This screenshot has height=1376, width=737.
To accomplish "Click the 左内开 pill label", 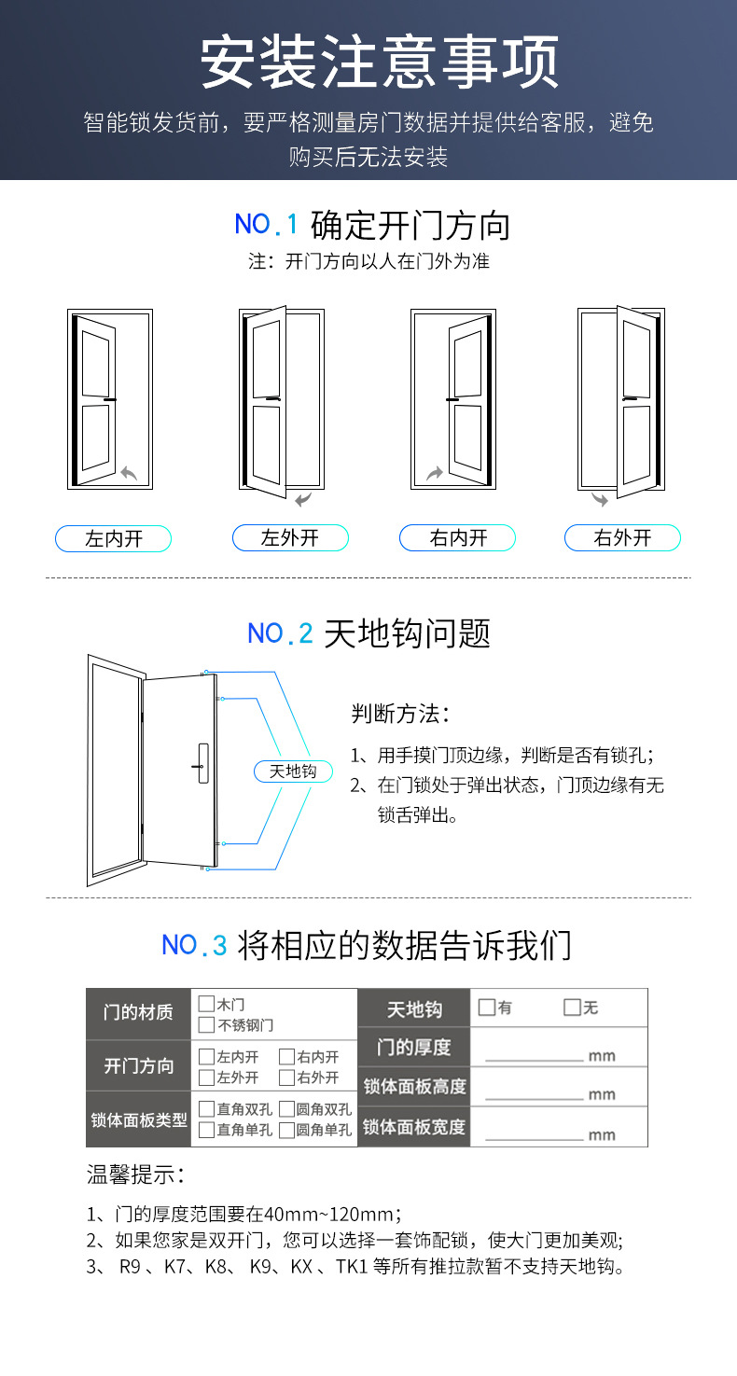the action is (114, 538).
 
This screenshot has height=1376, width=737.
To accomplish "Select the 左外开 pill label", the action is (290, 538).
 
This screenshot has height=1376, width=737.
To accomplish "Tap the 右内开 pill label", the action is (458, 538).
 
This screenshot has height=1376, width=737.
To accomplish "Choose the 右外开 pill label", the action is (622, 538).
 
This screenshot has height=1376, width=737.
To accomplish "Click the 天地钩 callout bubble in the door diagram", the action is (293, 771).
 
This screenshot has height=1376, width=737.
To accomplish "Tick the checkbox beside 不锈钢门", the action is (206, 1025).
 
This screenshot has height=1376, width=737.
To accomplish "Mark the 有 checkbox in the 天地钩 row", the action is (486, 1008).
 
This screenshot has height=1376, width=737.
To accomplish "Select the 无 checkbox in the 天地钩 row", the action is (572, 1008).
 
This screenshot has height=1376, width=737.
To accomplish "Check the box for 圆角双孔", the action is (286, 1109).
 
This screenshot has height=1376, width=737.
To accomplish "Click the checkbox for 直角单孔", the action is (206, 1130).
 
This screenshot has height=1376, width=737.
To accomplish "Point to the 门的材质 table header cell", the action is (138, 1013).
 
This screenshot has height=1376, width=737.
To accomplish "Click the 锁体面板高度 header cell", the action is (414, 1087).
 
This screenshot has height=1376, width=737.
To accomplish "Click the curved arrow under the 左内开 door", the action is (129, 474).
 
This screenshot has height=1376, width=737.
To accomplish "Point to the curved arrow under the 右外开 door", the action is (599, 500).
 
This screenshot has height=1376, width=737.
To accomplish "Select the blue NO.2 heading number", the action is (280, 633).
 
